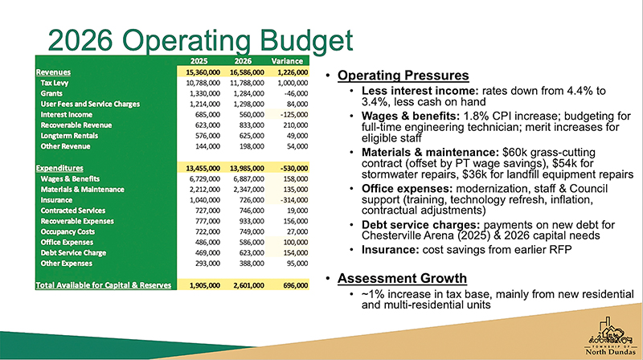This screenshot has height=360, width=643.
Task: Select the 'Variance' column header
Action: click(286, 61)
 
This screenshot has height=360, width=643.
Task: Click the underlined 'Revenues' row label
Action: click(53, 72)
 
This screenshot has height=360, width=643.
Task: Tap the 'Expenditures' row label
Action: click(61, 167)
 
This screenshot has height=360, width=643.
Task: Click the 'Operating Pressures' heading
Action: click(403, 76)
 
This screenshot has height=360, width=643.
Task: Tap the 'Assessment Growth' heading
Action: click(402, 279)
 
